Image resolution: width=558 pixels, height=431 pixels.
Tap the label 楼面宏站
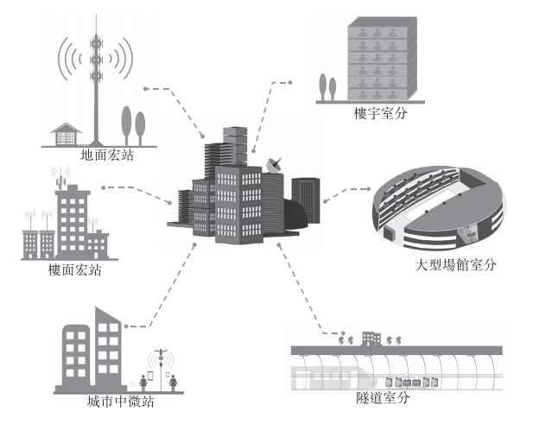pos(75,270)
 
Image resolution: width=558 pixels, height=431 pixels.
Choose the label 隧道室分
pos(383,398)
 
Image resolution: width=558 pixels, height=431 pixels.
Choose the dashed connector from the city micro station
pos(173,285)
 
